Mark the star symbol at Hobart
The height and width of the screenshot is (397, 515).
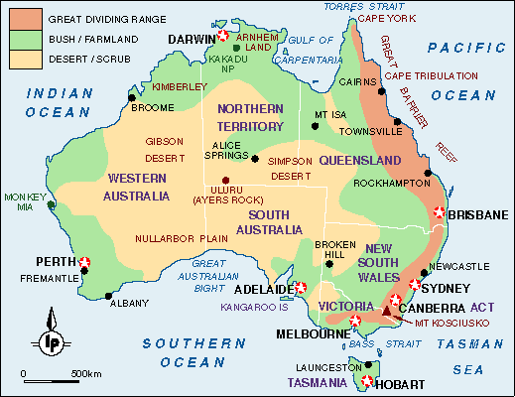click(x=368, y=381)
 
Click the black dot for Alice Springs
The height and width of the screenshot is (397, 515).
click(x=255, y=157)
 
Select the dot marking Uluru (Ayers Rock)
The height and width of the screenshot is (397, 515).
click(x=210, y=180)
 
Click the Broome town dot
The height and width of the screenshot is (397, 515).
click(x=131, y=97)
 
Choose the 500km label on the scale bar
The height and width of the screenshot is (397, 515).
click(x=85, y=373)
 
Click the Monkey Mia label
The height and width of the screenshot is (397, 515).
click(x=24, y=201)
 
